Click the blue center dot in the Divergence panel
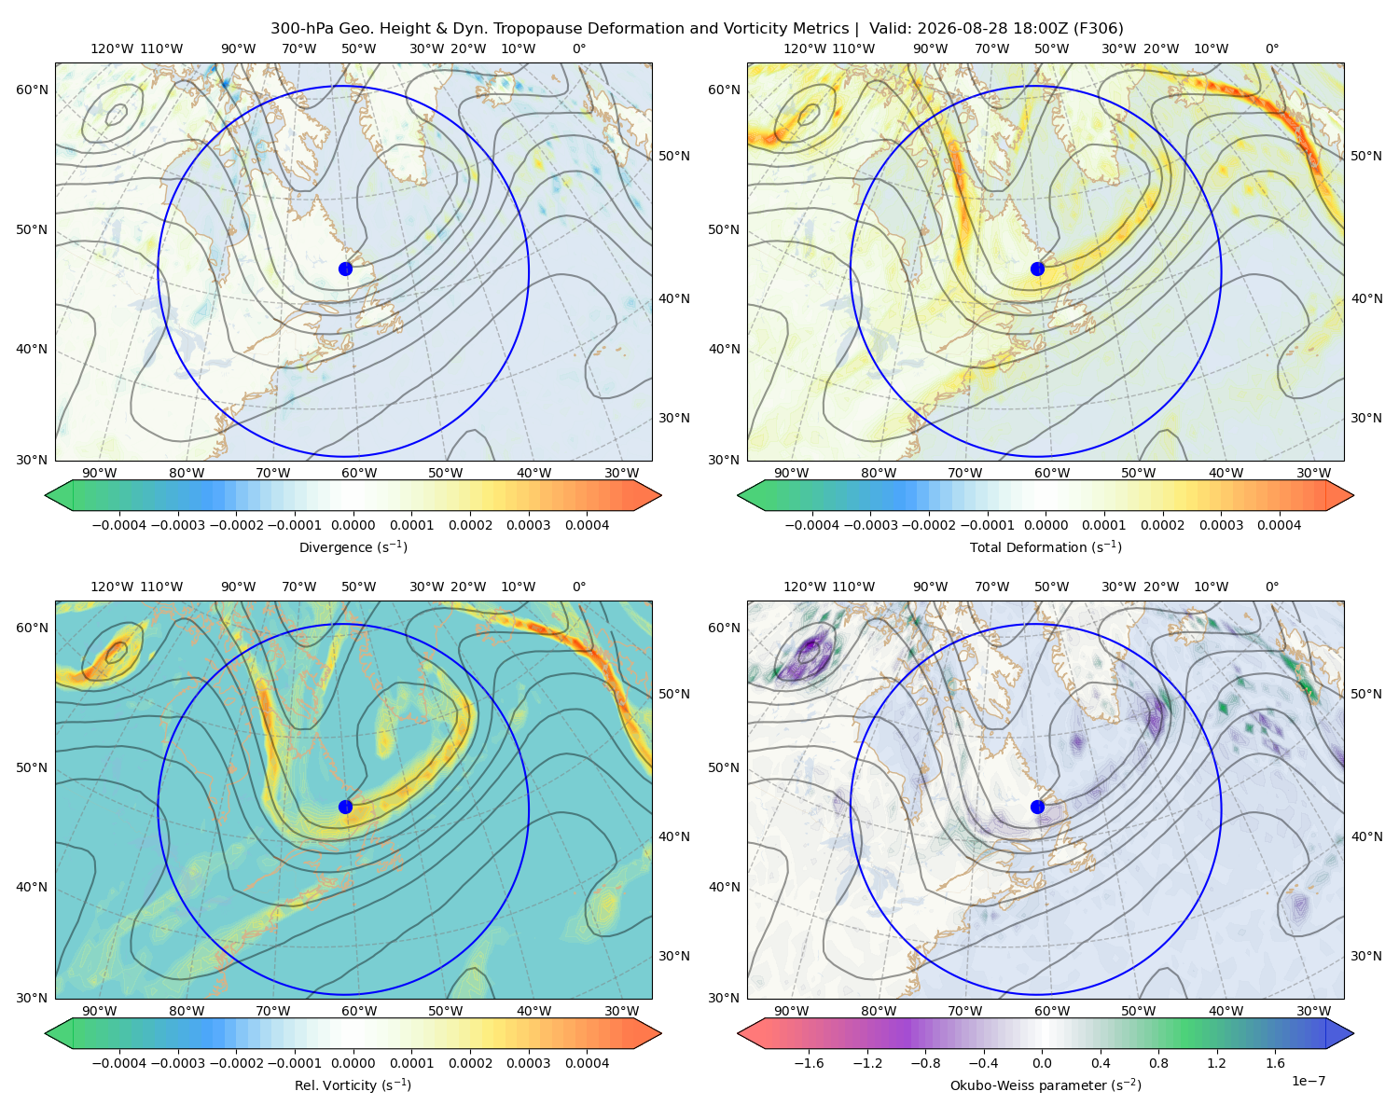[x=345, y=269]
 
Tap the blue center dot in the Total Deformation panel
[x=1037, y=269]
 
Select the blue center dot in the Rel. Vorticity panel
[x=345, y=807]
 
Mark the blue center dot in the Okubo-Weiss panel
[x=1037, y=807]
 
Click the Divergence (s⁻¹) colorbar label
[x=353, y=547]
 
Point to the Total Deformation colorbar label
[x=1046, y=547]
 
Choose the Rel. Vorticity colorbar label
[x=353, y=1085]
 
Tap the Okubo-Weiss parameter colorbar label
[x=1046, y=1085]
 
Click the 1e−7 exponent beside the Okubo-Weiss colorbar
[x=1308, y=1081]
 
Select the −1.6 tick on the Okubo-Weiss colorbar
[x=809, y=1063]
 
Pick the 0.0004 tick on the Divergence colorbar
[x=587, y=525]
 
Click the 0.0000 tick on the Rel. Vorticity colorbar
[x=353, y=1063]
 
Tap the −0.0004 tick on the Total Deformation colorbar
[x=812, y=525]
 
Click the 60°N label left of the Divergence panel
[x=32, y=90]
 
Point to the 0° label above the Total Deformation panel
[x=1271, y=48]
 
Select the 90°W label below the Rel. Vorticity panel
[x=100, y=1011]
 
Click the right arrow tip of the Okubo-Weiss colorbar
[x=1353, y=1033]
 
